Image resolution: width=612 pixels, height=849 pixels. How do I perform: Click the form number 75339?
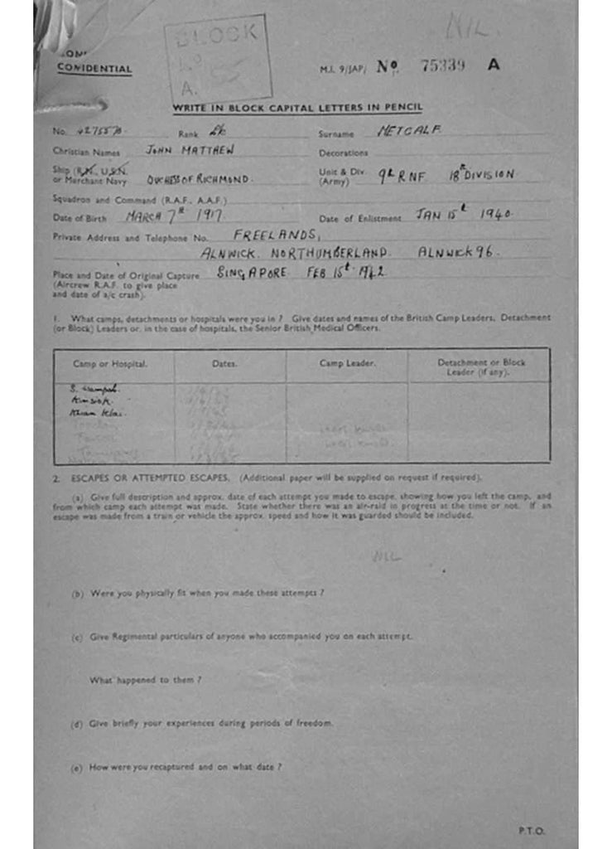click(443, 66)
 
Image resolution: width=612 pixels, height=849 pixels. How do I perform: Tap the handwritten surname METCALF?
click(409, 130)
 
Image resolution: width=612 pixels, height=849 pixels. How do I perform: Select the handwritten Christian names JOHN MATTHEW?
click(190, 151)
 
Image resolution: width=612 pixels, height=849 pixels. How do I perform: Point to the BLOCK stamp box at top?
click(218, 59)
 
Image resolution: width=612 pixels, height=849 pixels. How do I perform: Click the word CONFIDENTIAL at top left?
click(94, 69)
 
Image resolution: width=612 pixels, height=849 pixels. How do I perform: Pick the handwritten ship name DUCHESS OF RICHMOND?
click(198, 178)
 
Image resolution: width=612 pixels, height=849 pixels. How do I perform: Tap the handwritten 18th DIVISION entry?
click(482, 174)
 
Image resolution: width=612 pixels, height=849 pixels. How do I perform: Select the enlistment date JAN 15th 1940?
click(463, 214)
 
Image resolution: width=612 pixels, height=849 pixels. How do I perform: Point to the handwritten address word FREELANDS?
click(276, 235)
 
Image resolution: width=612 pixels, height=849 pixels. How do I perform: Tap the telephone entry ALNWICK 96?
click(455, 252)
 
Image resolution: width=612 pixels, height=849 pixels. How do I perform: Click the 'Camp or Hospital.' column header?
click(110, 364)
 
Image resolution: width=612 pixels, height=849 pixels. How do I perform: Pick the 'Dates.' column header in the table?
click(224, 364)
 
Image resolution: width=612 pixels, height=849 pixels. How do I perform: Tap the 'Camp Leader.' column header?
click(347, 364)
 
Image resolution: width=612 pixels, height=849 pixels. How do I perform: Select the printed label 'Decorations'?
click(343, 153)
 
